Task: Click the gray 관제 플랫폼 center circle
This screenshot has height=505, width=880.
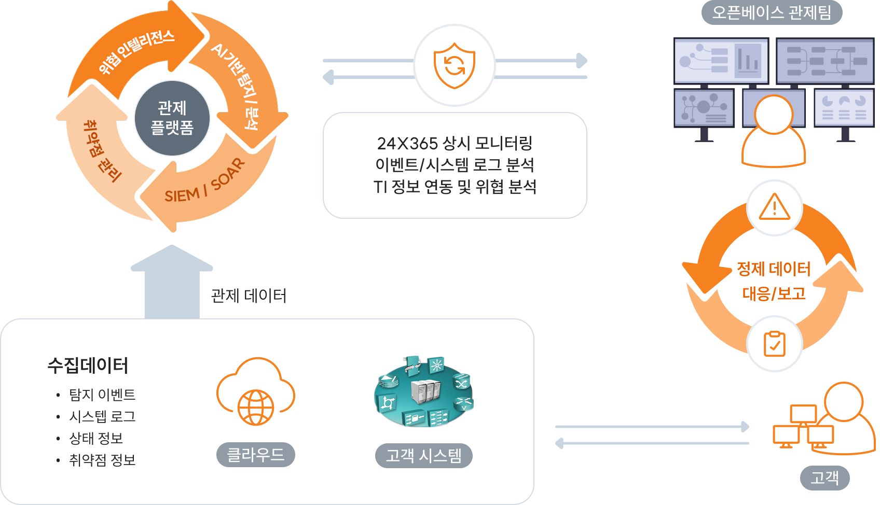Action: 172,118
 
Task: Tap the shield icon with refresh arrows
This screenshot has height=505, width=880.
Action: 455,66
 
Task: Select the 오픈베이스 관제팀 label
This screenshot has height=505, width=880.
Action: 772,12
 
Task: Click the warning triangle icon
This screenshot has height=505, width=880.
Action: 774,207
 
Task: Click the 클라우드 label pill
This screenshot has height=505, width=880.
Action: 256,455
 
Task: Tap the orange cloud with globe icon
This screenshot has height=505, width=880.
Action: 256,391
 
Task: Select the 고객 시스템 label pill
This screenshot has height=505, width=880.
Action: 423,455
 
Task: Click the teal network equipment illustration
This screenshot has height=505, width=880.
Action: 423,392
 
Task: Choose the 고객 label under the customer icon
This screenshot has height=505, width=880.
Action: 824,478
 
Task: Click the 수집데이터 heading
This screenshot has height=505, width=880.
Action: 88,366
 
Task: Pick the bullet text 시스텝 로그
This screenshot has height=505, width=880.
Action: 102,416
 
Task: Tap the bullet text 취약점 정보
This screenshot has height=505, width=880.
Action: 102,460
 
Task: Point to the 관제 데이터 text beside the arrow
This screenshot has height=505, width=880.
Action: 249,296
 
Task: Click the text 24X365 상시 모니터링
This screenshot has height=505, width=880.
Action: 455,143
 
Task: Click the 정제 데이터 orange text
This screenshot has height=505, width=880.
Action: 774,269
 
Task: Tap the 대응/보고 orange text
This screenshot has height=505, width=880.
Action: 774,293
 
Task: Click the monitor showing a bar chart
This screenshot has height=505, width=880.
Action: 721,61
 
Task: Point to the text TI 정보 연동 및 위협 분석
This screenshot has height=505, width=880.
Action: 455,187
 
